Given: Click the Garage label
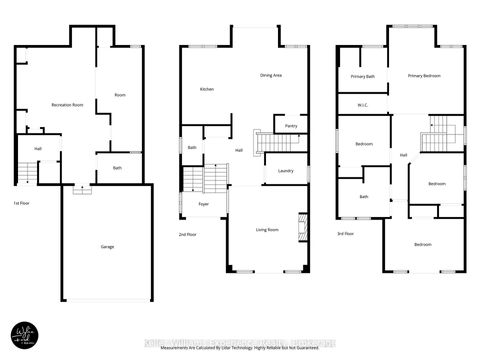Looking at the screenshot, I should click(106, 245).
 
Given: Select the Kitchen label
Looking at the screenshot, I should click(207, 89).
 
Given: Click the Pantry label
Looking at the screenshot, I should click(291, 126).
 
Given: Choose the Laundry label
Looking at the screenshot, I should click(285, 171).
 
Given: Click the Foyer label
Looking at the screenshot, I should click(202, 203).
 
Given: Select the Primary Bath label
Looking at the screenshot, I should click(362, 77).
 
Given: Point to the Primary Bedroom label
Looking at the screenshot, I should click(424, 76).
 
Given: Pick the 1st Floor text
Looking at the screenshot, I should click(20, 203).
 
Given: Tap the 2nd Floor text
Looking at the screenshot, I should click(187, 234).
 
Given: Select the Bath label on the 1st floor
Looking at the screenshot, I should click(117, 168).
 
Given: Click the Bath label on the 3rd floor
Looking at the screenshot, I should click(363, 196).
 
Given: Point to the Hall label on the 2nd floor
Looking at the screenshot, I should click(239, 151).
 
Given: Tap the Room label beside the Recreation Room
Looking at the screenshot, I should click(120, 95).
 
